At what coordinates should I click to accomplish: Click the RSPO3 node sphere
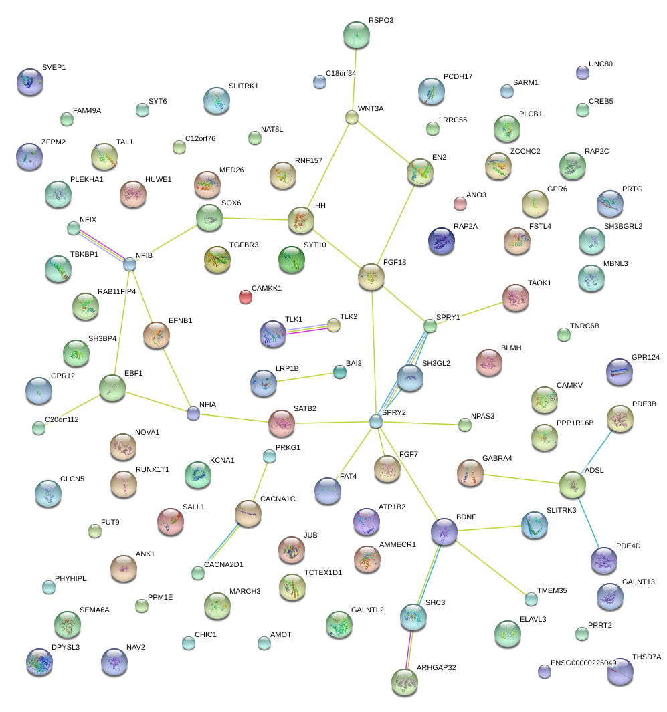coord(356,35)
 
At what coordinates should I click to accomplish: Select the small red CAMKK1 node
coord(246,297)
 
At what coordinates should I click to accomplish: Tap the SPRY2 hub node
coord(376,421)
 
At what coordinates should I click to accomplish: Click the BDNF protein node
coord(445,531)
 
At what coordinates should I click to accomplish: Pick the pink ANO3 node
coord(460,203)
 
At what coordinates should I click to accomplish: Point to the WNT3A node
coord(352,118)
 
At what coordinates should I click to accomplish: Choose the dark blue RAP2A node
coord(442,241)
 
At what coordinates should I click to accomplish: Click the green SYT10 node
coord(292,259)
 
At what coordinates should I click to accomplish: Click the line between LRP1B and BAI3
coord(304,377)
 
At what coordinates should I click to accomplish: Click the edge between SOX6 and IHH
coord(255,219)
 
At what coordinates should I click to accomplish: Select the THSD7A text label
coord(646,657)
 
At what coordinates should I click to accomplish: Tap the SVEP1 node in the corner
coord(29,81)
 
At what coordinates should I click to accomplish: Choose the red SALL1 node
coord(170,521)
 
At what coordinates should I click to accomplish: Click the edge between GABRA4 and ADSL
coord(521,477)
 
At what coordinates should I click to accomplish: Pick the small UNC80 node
coord(583,72)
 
